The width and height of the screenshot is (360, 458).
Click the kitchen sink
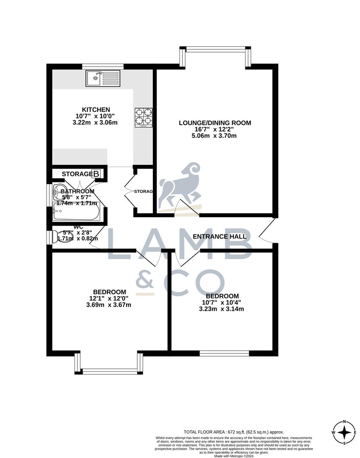103,78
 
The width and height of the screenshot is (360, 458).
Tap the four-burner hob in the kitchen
143,117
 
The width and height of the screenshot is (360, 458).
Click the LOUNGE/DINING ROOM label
215,123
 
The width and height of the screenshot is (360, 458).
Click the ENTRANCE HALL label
219,236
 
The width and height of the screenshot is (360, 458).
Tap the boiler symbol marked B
96,173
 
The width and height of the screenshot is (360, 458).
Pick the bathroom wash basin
59,193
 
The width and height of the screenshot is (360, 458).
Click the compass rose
344,433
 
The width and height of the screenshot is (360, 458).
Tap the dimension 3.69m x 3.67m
109,304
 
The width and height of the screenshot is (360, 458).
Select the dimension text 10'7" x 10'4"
222,302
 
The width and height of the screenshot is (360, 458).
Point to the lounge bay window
215,50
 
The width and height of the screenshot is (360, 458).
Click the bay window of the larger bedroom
109,371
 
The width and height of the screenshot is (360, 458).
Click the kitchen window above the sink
103,66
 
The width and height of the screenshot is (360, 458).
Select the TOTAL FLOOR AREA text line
234,432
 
